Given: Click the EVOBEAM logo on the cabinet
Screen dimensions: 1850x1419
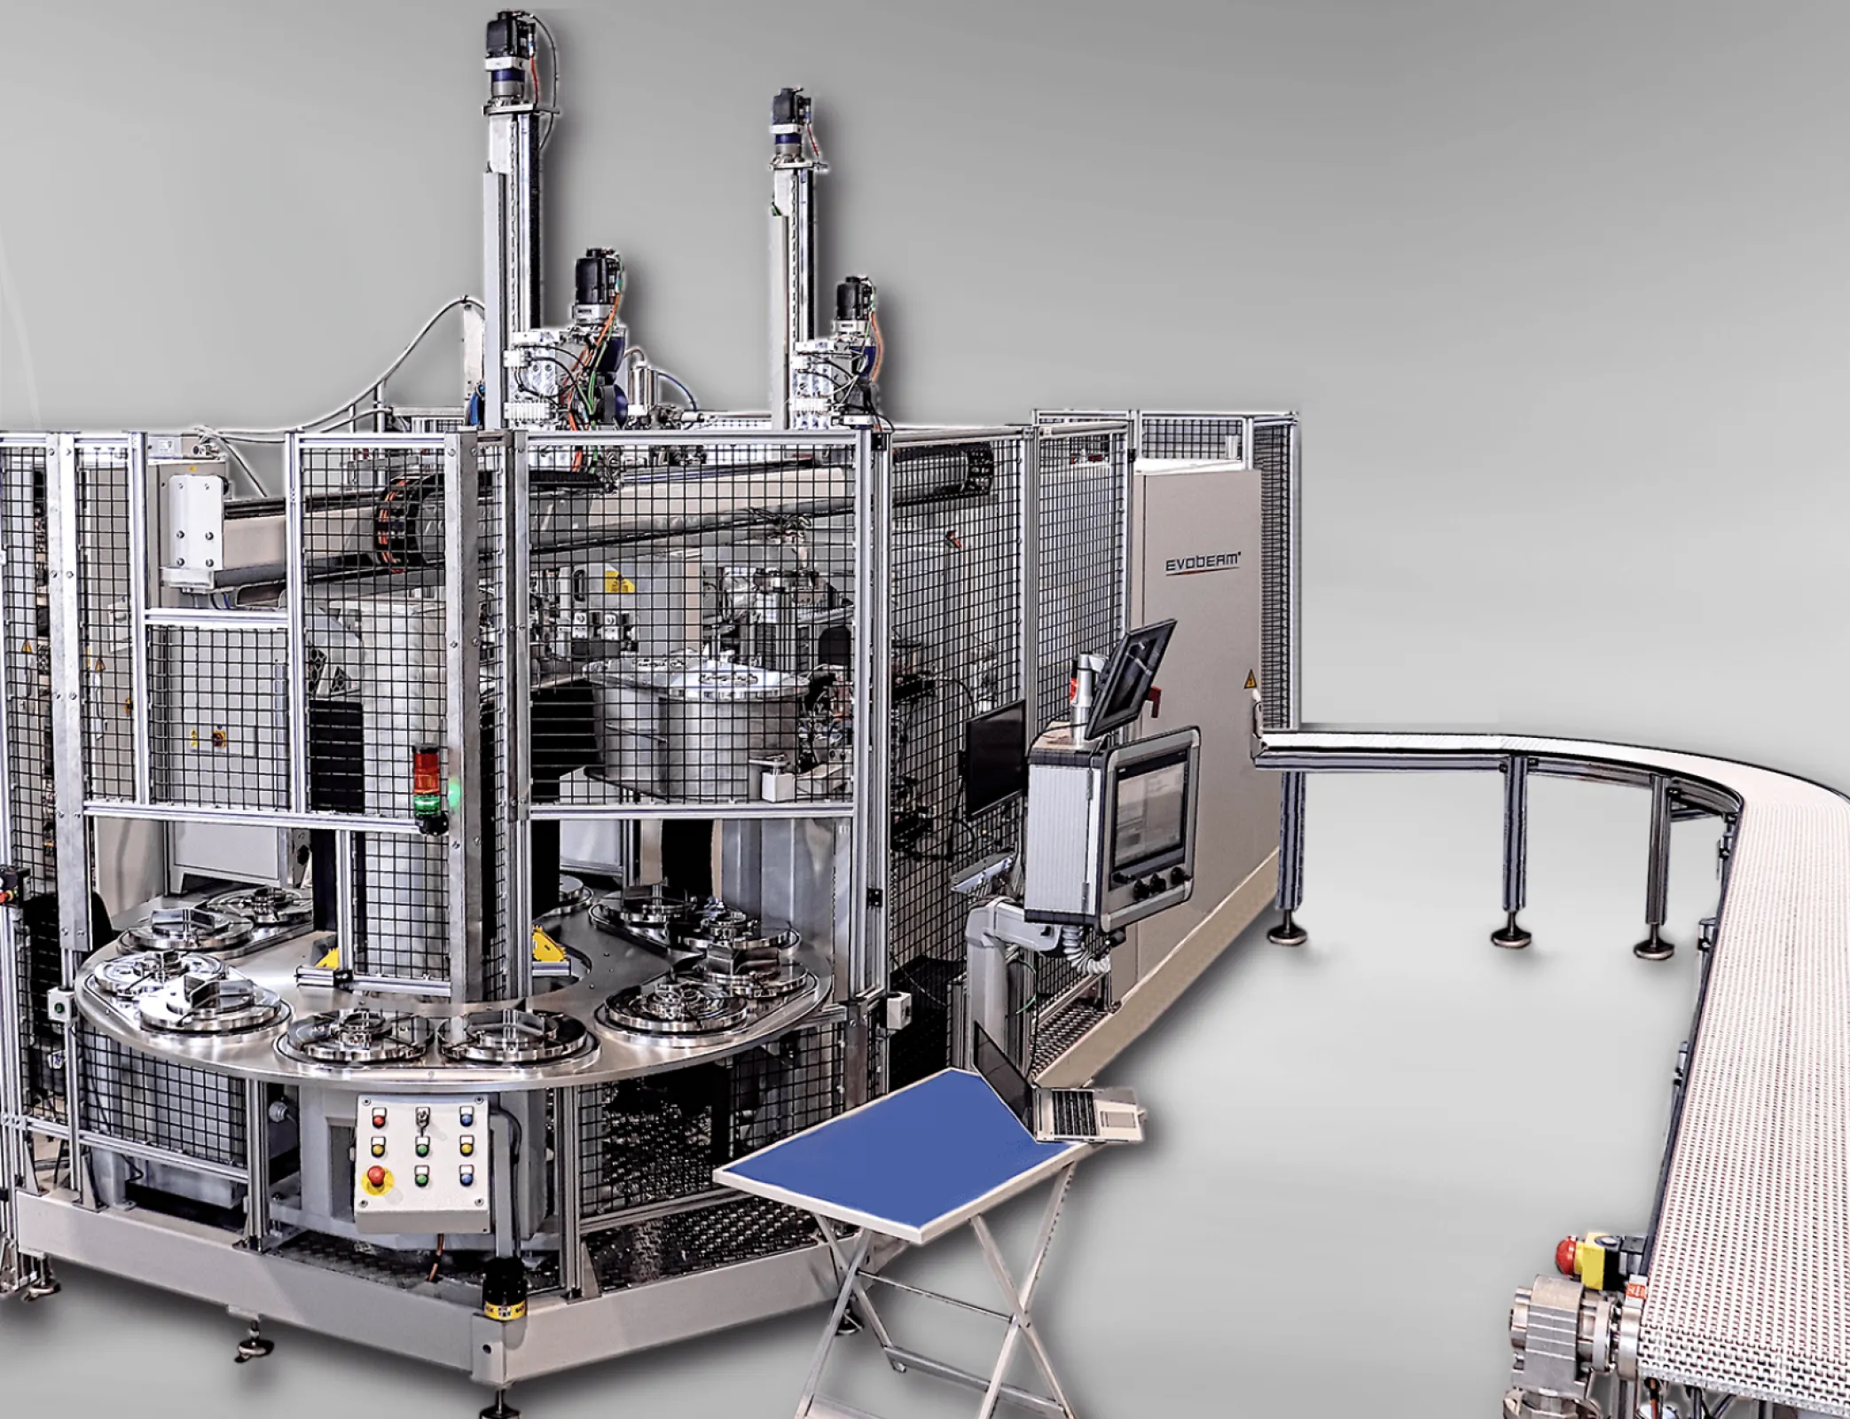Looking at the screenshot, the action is click(x=1203, y=562).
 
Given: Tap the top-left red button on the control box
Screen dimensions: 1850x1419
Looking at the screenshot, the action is click(x=380, y=1115).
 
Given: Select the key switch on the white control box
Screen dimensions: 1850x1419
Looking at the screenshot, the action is click(x=422, y=1116).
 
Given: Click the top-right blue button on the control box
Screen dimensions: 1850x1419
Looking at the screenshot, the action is click(x=466, y=1115).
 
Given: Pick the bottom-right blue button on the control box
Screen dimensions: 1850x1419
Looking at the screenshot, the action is click(x=466, y=1178).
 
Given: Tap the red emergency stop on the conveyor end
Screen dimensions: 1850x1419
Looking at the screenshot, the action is click(x=1568, y=1253).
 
